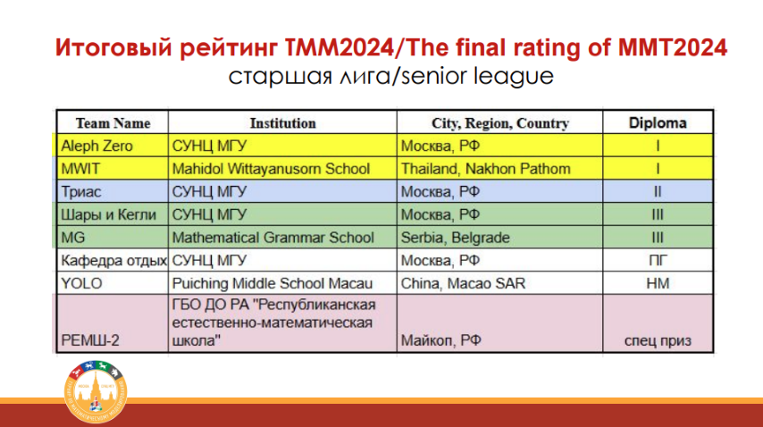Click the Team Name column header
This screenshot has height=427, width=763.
(x=113, y=123)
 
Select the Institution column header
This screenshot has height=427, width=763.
(x=282, y=123)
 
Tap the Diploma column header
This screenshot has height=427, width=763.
(x=658, y=122)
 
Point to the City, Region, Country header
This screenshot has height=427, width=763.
(x=499, y=123)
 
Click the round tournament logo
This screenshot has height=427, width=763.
(x=96, y=391)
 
